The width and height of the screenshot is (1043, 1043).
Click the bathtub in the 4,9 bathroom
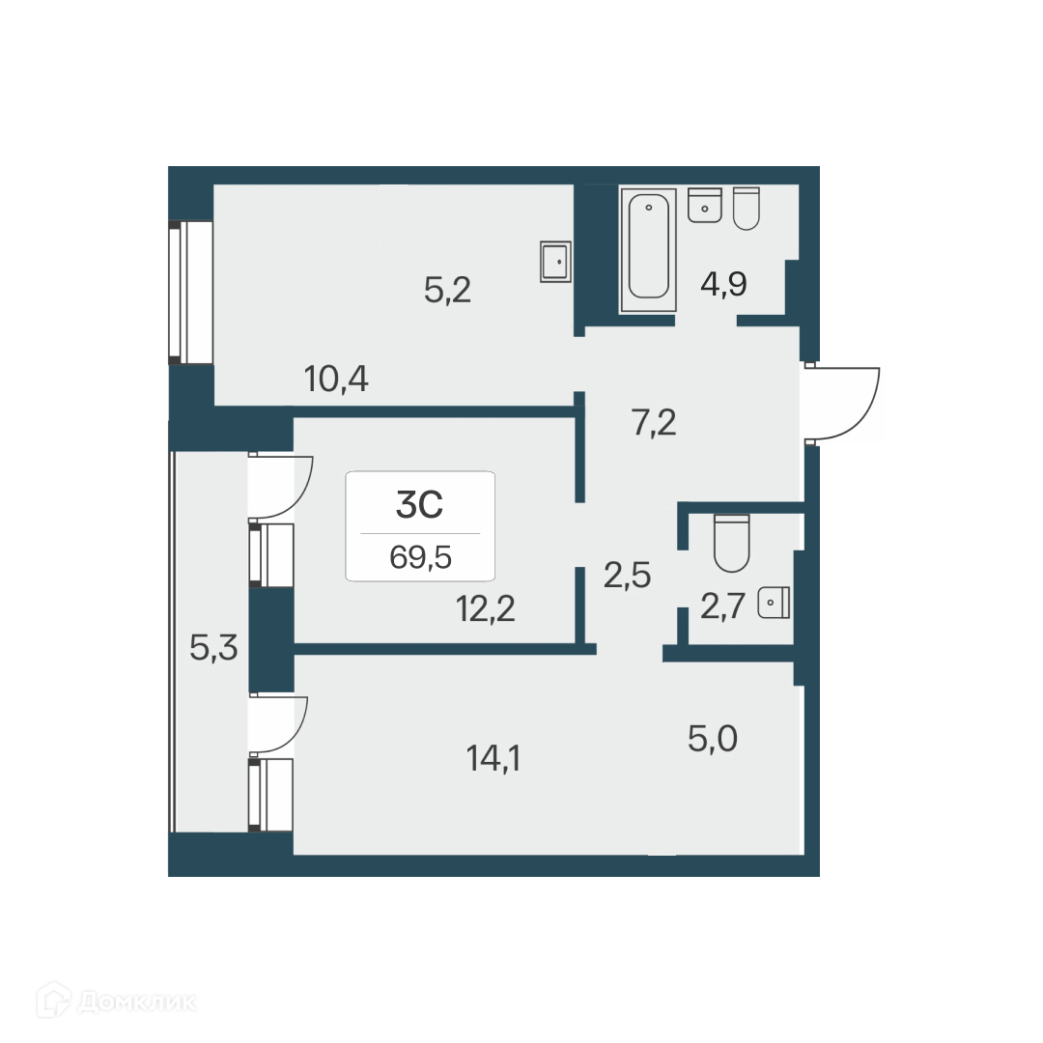point(648,247)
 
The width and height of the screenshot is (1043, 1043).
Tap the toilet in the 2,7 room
point(731,544)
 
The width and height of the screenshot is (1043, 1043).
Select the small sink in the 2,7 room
point(775,603)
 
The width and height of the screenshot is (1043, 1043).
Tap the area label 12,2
point(485,609)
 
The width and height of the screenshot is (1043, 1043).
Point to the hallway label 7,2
point(654,422)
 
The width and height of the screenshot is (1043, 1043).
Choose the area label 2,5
point(628,575)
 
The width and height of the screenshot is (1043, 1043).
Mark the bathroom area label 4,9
point(724,286)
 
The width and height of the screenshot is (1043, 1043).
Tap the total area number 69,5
point(420,557)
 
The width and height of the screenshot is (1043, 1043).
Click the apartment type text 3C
point(420,503)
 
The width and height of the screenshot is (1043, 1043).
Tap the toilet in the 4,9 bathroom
point(747,208)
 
